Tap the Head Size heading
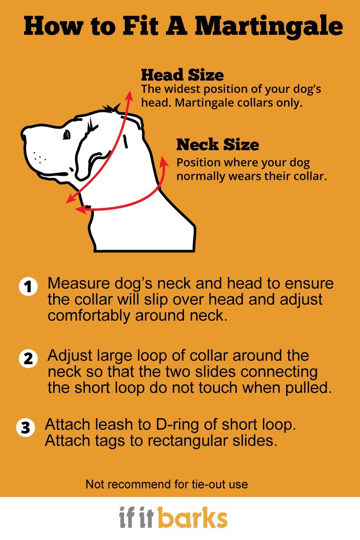[x=182, y=75]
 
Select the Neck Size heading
[x=217, y=145]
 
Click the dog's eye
[x=66, y=135]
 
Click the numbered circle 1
[x=28, y=287]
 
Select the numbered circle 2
[x=28, y=359]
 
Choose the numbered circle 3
[x=25, y=428]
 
